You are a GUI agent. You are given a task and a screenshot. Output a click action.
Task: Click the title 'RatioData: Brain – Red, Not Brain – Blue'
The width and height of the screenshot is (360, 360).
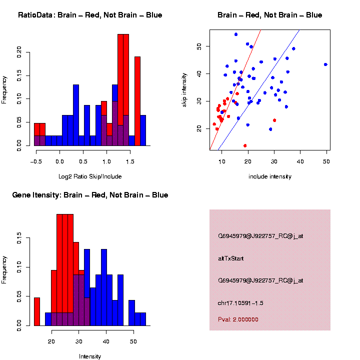90,15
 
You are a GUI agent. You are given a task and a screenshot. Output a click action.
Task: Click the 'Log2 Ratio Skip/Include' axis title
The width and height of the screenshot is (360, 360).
90,176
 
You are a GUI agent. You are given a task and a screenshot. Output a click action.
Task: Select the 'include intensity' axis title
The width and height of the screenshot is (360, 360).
270,176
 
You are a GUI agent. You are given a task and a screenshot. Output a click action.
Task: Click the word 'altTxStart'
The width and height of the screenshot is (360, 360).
231,258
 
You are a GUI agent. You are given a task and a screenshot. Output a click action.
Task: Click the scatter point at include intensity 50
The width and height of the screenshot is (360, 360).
325,64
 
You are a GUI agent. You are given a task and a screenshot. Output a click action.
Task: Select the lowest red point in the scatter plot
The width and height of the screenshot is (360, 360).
245,145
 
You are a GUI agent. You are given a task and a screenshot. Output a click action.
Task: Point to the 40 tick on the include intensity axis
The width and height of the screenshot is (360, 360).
300,163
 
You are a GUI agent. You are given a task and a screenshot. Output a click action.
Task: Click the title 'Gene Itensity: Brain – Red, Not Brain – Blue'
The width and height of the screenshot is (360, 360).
90,195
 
